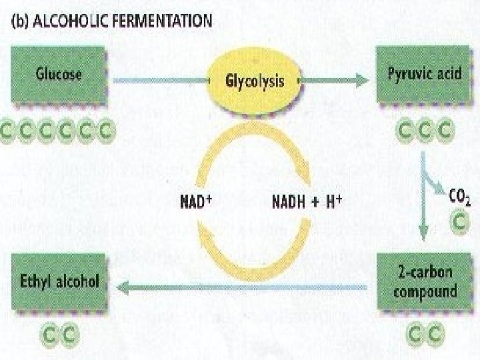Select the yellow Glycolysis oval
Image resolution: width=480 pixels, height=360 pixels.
coord(255,81)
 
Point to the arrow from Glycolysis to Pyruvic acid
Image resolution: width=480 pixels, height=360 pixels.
coord(333,81)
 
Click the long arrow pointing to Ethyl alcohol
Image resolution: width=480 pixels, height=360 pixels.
coord(240,287)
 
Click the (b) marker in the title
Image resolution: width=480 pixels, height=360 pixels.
coord(21,20)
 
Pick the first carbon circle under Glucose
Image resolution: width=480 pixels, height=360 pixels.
coord(9,131)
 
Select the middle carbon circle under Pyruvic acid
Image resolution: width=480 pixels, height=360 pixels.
coord(425,131)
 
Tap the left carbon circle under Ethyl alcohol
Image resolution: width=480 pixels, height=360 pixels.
coord(49,331)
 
